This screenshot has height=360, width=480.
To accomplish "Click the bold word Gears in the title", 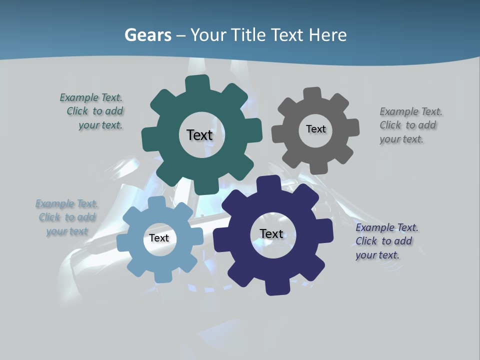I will [x=148, y=35].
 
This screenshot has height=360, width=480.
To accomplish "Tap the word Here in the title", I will [x=327, y=35].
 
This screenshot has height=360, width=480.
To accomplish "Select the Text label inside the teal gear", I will [x=199, y=135].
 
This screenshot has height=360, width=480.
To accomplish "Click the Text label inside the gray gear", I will [x=315, y=129].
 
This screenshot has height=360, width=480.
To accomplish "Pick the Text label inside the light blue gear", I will [x=158, y=238].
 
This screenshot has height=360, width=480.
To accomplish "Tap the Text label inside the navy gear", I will [x=271, y=233].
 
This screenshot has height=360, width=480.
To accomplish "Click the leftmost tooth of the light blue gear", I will [x=123, y=243].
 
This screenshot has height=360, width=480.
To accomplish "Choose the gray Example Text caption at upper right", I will [x=410, y=125].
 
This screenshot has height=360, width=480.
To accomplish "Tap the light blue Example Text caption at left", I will [x=67, y=217].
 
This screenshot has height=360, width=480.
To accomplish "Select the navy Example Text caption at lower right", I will [x=386, y=241].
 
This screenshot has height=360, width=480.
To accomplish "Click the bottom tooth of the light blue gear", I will [x=162, y=276].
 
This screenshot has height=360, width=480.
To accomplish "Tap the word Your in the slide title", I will [x=209, y=35].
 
